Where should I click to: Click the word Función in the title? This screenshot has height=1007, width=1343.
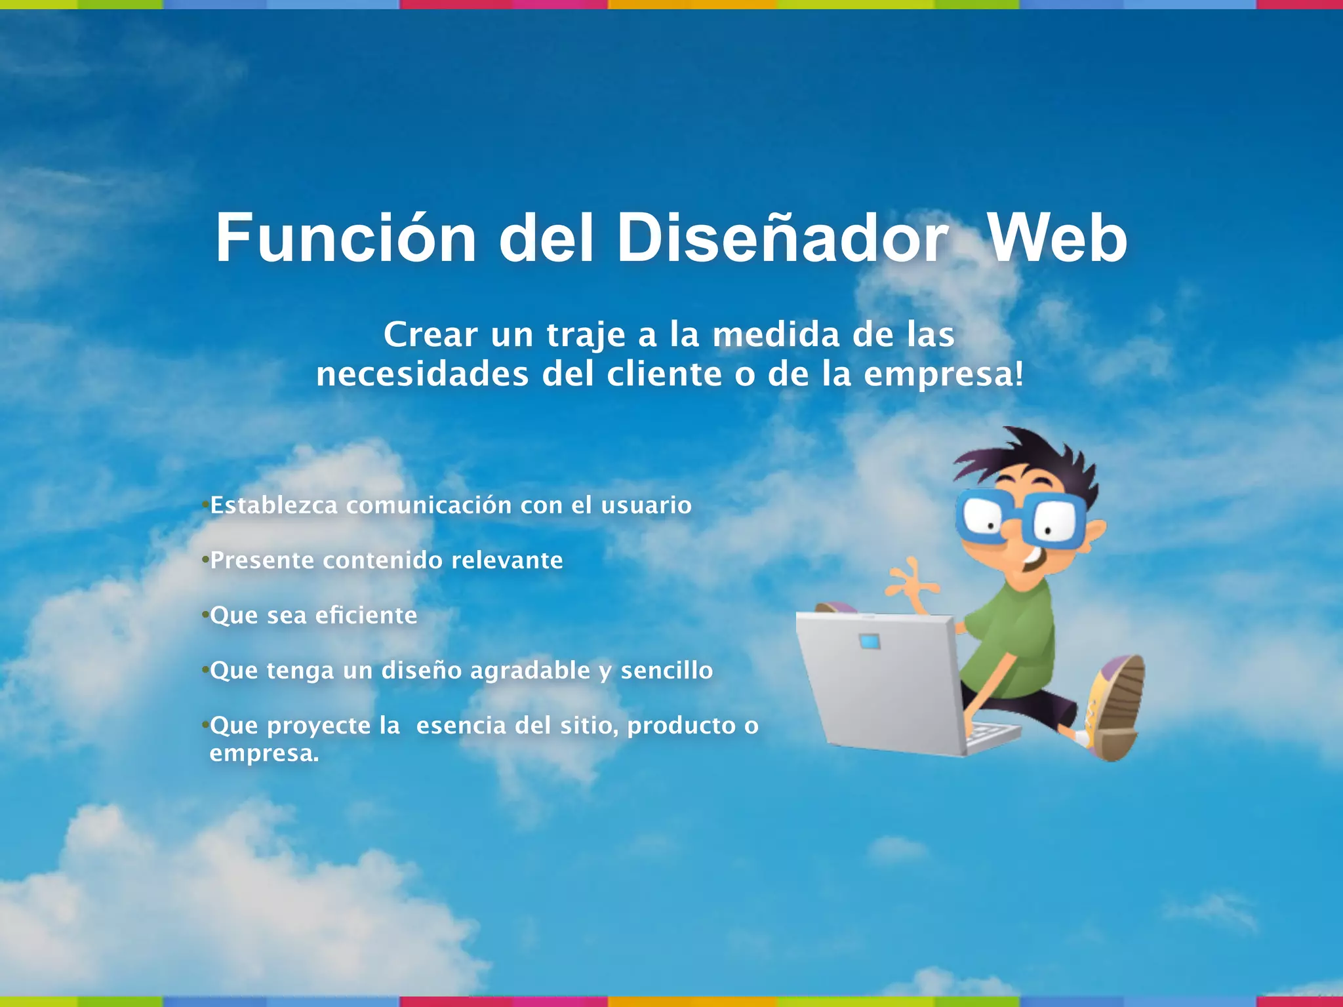(x=346, y=239)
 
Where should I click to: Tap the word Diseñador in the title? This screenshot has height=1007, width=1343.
(x=782, y=239)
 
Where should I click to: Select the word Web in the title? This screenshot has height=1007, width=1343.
(x=1057, y=239)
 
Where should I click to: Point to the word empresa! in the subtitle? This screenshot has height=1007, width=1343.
(x=943, y=375)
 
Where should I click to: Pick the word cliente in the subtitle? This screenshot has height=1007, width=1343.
(x=664, y=375)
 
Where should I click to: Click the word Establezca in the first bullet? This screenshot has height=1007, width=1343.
(x=273, y=505)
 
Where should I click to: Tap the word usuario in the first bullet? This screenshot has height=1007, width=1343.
(x=646, y=505)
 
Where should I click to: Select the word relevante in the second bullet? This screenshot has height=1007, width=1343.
(x=507, y=561)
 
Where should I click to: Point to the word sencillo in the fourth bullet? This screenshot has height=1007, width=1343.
(x=666, y=671)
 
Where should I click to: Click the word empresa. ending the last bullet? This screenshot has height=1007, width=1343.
(x=264, y=754)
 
